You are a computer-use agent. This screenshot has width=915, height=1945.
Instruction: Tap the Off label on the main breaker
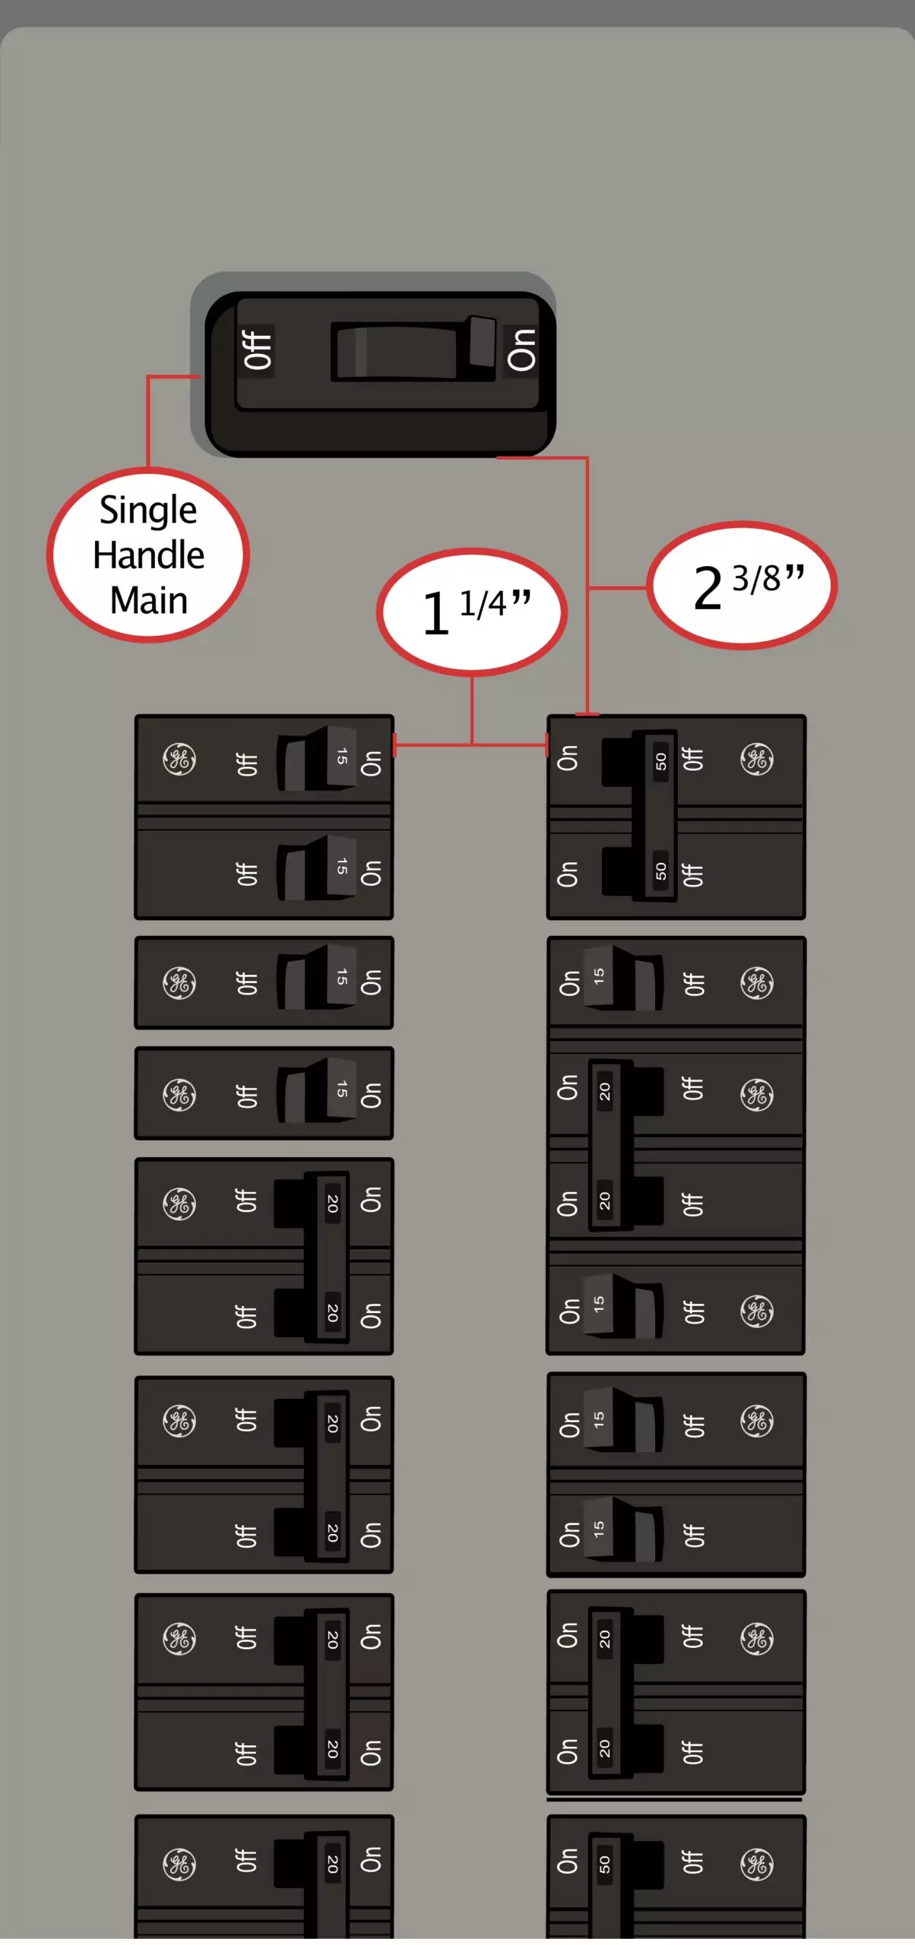[x=258, y=349]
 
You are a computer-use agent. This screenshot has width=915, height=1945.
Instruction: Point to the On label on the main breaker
[x=521, y=349]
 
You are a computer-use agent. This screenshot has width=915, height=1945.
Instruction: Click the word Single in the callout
[x=148, y=510]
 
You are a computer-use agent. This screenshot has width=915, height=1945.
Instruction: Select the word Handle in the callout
[x=149, y=555]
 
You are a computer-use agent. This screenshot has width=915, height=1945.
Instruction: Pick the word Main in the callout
[x=149, y=600]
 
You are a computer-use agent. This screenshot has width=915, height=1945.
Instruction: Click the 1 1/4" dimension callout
[x=472, y=612]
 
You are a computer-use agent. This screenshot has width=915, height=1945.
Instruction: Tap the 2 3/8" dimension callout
[x=742, y=586]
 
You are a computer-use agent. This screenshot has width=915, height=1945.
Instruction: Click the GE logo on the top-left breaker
[x=179, y=760]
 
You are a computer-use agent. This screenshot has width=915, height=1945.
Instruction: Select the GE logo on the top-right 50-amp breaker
[x=757, y=760]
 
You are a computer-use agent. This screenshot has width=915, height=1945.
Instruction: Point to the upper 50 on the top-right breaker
[x=661, y=761]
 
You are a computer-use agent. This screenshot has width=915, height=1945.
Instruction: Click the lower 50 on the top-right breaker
[x=661, y=871]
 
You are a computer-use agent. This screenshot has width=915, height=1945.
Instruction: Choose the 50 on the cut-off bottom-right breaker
[x=604, y=1864]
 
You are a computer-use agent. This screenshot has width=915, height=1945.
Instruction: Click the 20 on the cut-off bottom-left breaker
[x=332, y=1864]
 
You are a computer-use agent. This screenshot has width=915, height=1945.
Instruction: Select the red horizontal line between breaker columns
[x=470, y=745]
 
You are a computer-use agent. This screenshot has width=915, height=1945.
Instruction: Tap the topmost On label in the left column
[x=370, y=764]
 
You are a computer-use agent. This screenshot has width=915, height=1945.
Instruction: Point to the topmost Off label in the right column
[x=692, y=759]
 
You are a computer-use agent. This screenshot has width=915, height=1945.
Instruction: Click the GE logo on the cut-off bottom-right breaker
[x=757, y=1864]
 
